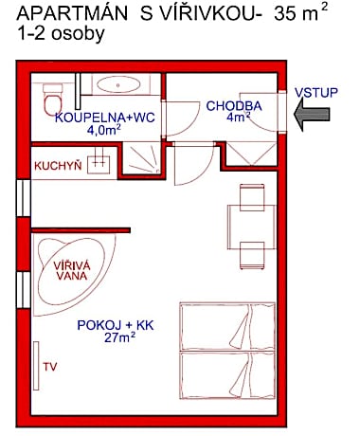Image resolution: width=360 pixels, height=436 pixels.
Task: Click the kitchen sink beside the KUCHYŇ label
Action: [x=102, y=164]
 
